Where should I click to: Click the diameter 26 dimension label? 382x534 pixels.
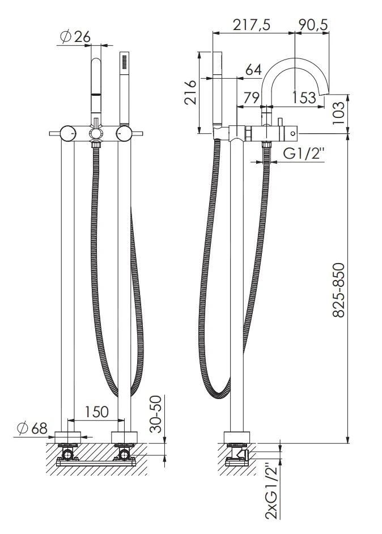(75, 37)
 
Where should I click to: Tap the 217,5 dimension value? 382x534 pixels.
(252, 25)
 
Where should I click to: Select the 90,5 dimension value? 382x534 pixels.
(313, 25)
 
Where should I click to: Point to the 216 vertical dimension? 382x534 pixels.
(190, 92)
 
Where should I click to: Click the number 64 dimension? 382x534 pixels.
(254, 70)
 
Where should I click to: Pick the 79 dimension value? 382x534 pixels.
(252, 98)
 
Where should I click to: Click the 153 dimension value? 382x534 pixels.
(304, 98)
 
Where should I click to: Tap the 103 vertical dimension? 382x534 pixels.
(338, 113)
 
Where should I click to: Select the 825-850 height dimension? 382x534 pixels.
(339, 290)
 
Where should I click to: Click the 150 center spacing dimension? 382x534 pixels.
(96, 412)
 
